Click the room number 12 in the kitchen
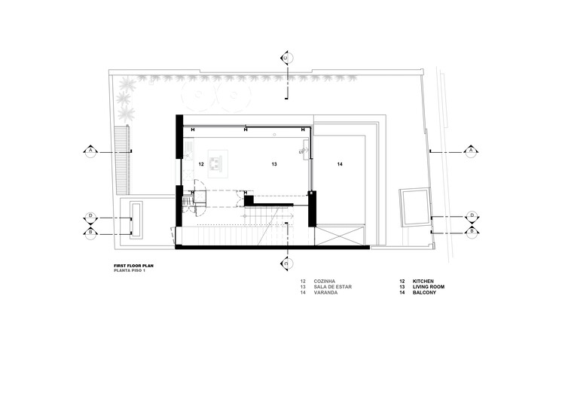(201, 163)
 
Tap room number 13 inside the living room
(274, 163)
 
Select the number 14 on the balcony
(340, 163)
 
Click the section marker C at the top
(286, 57)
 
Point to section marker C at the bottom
(286, 263)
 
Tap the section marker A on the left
(90, 151)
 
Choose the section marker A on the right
(472, 151)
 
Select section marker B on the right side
(472, 232)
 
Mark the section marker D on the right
(472, 216)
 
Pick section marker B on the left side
(90, 232)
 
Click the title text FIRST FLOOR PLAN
(135, 266)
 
